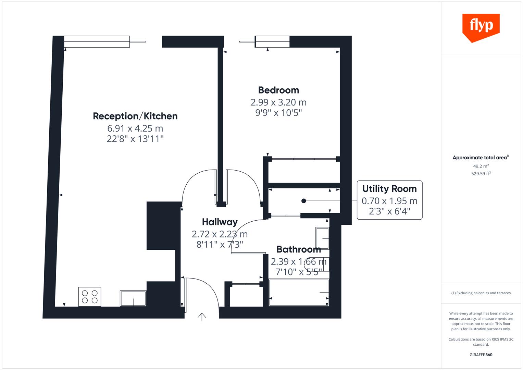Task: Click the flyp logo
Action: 481,27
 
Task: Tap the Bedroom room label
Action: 278,90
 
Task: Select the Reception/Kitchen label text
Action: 135,116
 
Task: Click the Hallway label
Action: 220,222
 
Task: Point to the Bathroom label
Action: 298,249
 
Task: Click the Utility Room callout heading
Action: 389,189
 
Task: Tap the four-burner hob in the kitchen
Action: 90,296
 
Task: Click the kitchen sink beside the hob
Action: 133,298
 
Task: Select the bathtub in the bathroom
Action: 299,293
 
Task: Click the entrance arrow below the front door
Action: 202,317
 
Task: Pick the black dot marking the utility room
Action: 303,201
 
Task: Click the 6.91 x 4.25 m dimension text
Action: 135,128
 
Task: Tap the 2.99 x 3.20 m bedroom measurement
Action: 278,102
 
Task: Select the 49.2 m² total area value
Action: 481,166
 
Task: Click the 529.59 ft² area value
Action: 481,174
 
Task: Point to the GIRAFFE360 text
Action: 481,355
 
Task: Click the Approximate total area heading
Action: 480,158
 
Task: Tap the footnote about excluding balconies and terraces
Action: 481,293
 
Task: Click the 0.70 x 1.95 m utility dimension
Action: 389,201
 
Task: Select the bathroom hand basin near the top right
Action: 322,238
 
